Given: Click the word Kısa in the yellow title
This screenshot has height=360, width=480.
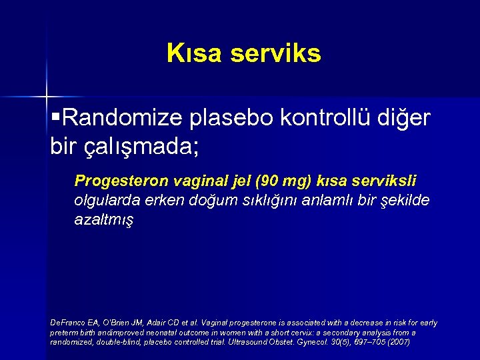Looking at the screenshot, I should coord(195,53).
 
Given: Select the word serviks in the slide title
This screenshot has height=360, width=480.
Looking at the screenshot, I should coord(275,53).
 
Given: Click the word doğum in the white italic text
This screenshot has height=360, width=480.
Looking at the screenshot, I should coord(203,201).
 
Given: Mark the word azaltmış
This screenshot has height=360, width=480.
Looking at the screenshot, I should coord(104,220).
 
